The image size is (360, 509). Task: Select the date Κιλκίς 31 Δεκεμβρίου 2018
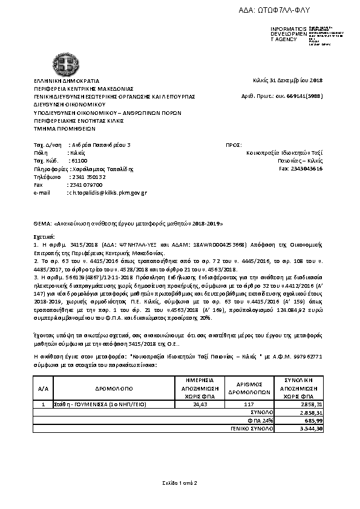coord(287,80)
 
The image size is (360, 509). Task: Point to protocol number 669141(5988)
coord(304,96)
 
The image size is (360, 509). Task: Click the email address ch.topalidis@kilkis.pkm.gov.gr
coord(110,192)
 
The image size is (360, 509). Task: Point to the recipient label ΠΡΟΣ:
coord(234,145)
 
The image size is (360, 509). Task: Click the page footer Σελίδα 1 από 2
coord(180,483)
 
